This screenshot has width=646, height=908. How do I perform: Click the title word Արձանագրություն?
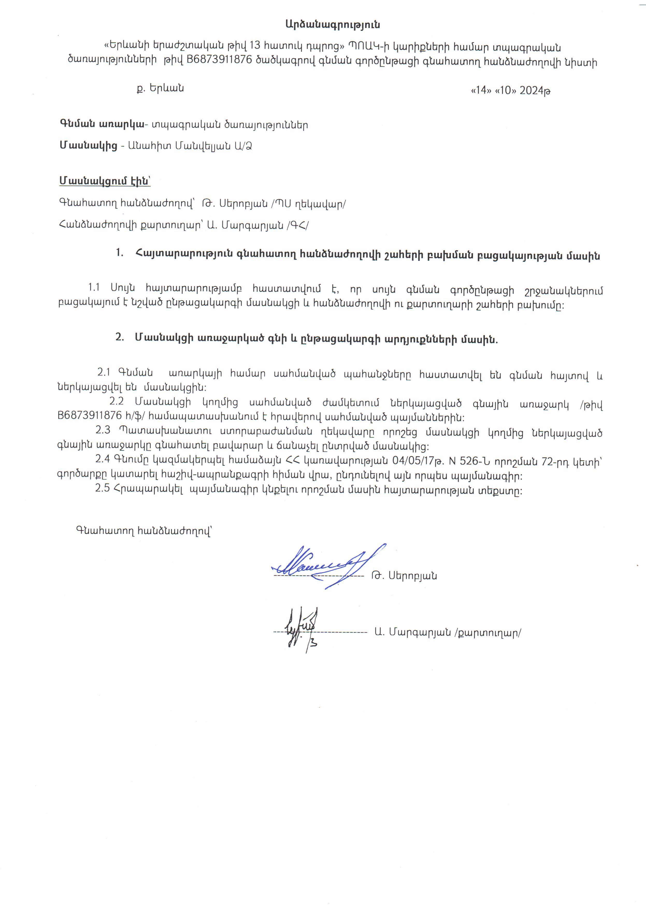tap(333, 25)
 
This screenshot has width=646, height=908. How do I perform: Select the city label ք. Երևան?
tap(160, 88)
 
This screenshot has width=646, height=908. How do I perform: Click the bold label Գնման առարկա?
tap(102, 125)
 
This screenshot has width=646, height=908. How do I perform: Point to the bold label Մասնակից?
tap(88, 146)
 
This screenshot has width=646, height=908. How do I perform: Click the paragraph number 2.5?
tap(102, 489)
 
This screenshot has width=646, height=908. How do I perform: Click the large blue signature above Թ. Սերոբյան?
tap(326, 565)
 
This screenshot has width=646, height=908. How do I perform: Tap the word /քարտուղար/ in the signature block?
tap(487, 633)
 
